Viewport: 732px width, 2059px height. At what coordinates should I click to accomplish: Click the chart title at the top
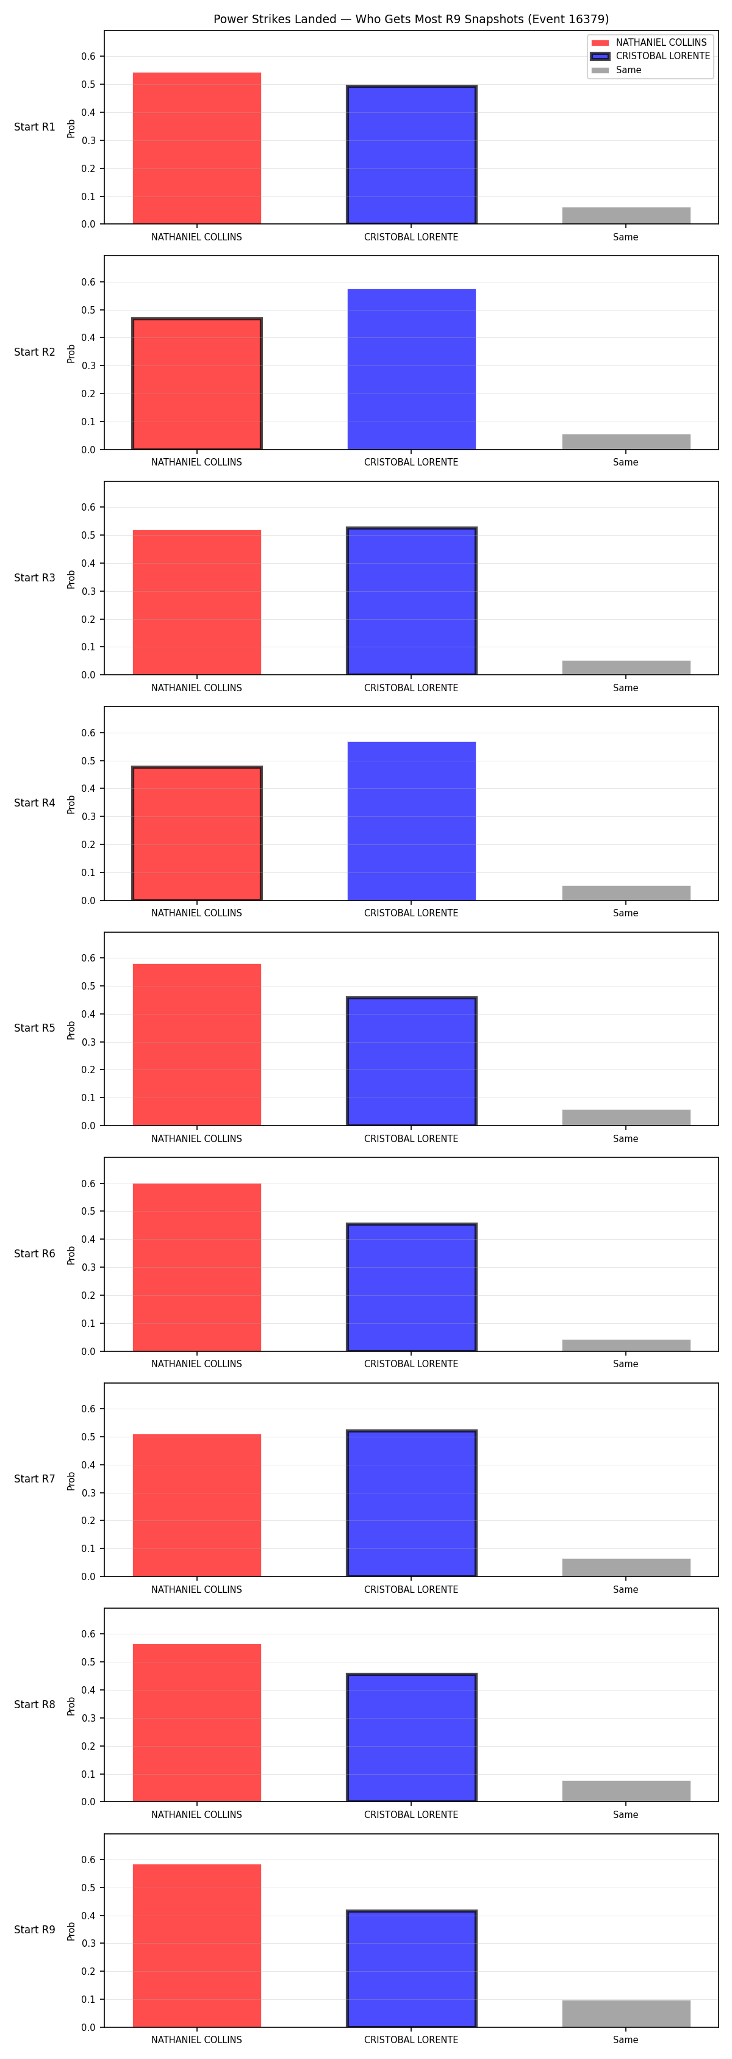411,19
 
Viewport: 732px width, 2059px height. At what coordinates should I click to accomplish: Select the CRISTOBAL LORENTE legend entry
650,56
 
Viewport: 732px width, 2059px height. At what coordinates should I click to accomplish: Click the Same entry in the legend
616,70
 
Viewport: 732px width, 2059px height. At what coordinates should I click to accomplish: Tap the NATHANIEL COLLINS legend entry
649,42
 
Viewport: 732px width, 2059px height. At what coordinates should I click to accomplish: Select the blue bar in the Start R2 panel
412,369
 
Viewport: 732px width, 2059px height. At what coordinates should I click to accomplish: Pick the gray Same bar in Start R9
626,2013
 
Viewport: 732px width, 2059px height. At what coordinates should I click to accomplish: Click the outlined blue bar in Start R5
412,1062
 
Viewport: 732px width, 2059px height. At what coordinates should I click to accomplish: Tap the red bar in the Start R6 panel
196,1267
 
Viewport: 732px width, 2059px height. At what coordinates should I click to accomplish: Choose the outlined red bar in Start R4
196,834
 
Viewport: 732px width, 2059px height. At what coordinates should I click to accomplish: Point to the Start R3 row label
34,578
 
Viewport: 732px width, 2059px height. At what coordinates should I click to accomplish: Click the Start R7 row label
34,1479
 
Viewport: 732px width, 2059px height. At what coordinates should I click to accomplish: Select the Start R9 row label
34,1930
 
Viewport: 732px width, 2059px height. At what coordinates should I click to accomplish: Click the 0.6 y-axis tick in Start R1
88,57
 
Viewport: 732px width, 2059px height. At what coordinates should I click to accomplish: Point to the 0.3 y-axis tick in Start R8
88,1719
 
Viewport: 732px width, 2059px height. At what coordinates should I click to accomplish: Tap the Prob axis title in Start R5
71,1030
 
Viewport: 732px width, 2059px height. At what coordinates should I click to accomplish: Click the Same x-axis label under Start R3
626,688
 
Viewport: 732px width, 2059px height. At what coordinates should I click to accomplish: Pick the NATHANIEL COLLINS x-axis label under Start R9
196,2041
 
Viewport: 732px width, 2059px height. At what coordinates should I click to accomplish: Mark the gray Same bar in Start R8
626,1791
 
